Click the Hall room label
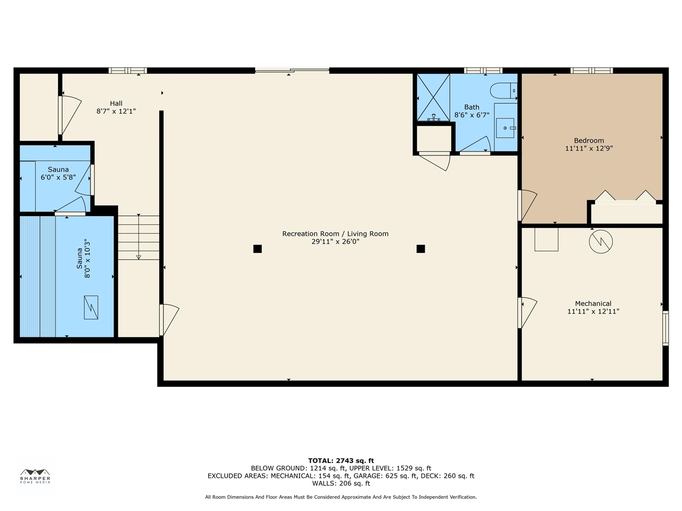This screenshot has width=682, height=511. (116, 103)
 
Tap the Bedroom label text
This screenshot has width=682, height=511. (589, 141)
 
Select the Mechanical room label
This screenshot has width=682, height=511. (593, 303)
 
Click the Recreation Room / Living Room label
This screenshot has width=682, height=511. (335, 234)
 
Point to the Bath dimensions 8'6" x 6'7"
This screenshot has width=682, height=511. (472, 115)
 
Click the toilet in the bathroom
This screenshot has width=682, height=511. (504, 90)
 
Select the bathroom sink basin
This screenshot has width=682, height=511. (505, 128)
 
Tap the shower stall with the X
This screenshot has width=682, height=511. (433, 97)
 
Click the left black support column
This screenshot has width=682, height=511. (257, 249)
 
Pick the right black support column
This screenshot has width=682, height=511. (421, 249)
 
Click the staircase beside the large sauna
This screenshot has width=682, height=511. (139, 237)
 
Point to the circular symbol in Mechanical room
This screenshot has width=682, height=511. (600, 241)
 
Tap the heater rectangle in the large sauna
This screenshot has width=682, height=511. (91, 307)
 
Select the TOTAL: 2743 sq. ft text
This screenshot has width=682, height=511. (341, 461)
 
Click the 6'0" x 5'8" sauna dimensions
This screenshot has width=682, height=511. (58, 177)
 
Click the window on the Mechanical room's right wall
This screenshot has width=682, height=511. (665, 328)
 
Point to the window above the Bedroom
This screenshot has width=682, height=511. (591, 71)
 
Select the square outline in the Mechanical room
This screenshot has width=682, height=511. (546, 239)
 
